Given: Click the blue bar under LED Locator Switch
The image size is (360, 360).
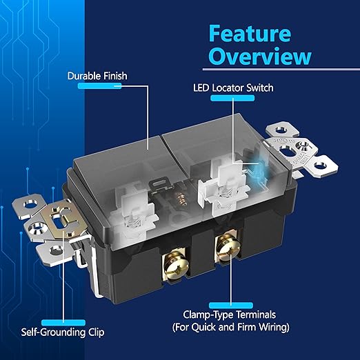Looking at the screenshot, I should tap(232, 99).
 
